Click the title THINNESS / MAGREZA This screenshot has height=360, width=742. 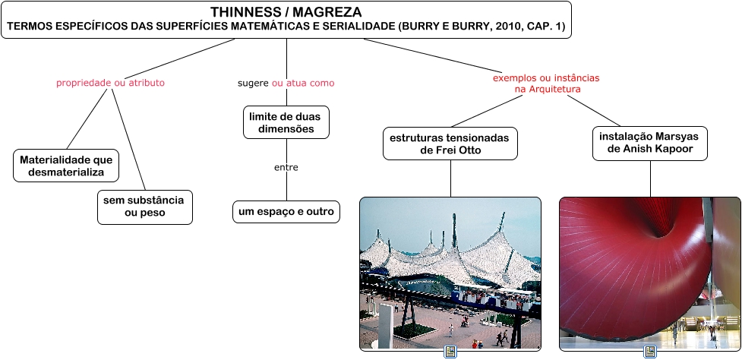click(286, 12)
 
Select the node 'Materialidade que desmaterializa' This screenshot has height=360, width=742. click(66, 166)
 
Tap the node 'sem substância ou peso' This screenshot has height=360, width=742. click(144, 207)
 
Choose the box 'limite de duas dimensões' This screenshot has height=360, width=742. click(286, 123)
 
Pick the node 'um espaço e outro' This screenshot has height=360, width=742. click(286, 212)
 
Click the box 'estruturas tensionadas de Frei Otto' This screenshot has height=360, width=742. click(450, 144)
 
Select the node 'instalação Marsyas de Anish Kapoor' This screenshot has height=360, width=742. click(650, 143)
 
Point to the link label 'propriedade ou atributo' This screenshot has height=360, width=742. click(110, 83)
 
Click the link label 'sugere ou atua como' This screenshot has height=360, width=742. click(286, 83)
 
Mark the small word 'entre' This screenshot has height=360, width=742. click(286, 167)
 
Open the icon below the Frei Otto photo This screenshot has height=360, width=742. click(450, 352)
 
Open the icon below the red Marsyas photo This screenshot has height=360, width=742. click(650, 352)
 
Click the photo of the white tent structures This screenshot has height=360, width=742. click(450, 273)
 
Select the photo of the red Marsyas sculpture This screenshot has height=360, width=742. click(650, 273)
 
